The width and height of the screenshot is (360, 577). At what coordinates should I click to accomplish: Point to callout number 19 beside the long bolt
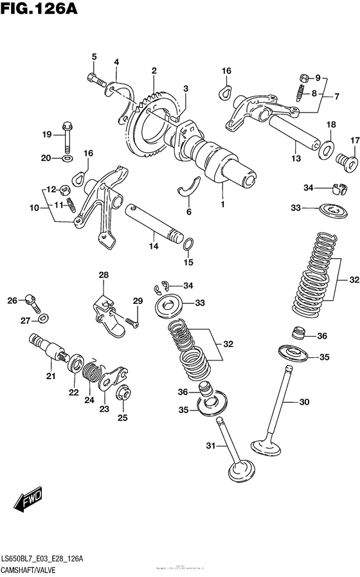click(x=46, y=134)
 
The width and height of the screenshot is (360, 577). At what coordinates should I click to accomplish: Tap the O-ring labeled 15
click(x=188, y=245)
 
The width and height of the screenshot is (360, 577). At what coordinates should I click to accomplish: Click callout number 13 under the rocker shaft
click(x=295, y=159)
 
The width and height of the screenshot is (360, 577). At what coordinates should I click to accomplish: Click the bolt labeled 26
click(x=30, y=299)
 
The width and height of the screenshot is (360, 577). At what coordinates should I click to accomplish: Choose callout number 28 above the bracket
click(x=104, y=275)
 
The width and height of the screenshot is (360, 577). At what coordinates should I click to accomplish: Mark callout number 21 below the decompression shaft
click(x=50, y=376)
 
